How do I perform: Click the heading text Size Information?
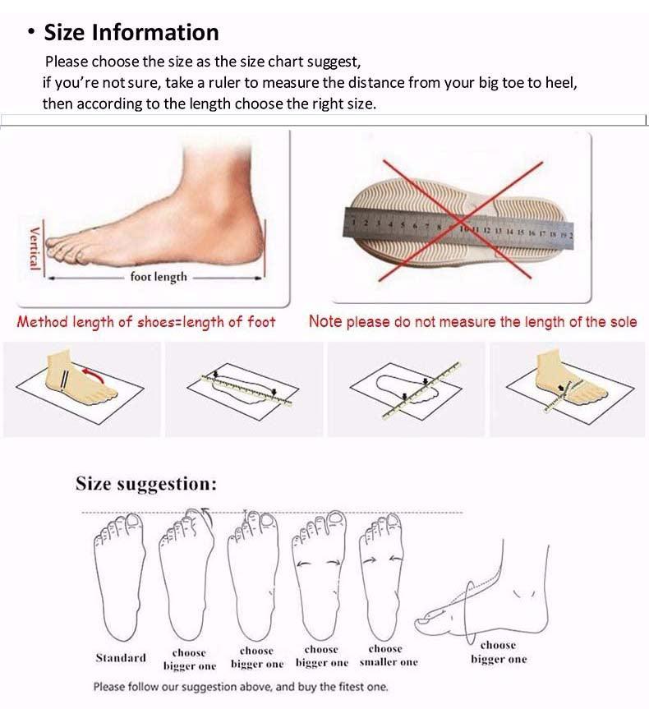click(131, 33)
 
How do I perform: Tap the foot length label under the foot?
click(159, 277)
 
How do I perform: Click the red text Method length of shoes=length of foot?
click(146, 322)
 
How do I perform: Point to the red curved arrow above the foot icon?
click(91, 377)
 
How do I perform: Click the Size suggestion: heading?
click(146, 484)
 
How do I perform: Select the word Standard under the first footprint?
click(121, 657)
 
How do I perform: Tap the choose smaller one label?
click(388, 656)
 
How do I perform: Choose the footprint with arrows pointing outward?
click(321, 575)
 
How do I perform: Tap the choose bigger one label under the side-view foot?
click(498, 652)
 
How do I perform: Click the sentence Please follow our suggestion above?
click(240, 687)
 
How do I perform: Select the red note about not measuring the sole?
click(472, 322)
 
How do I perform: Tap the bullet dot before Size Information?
click(31, 33)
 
